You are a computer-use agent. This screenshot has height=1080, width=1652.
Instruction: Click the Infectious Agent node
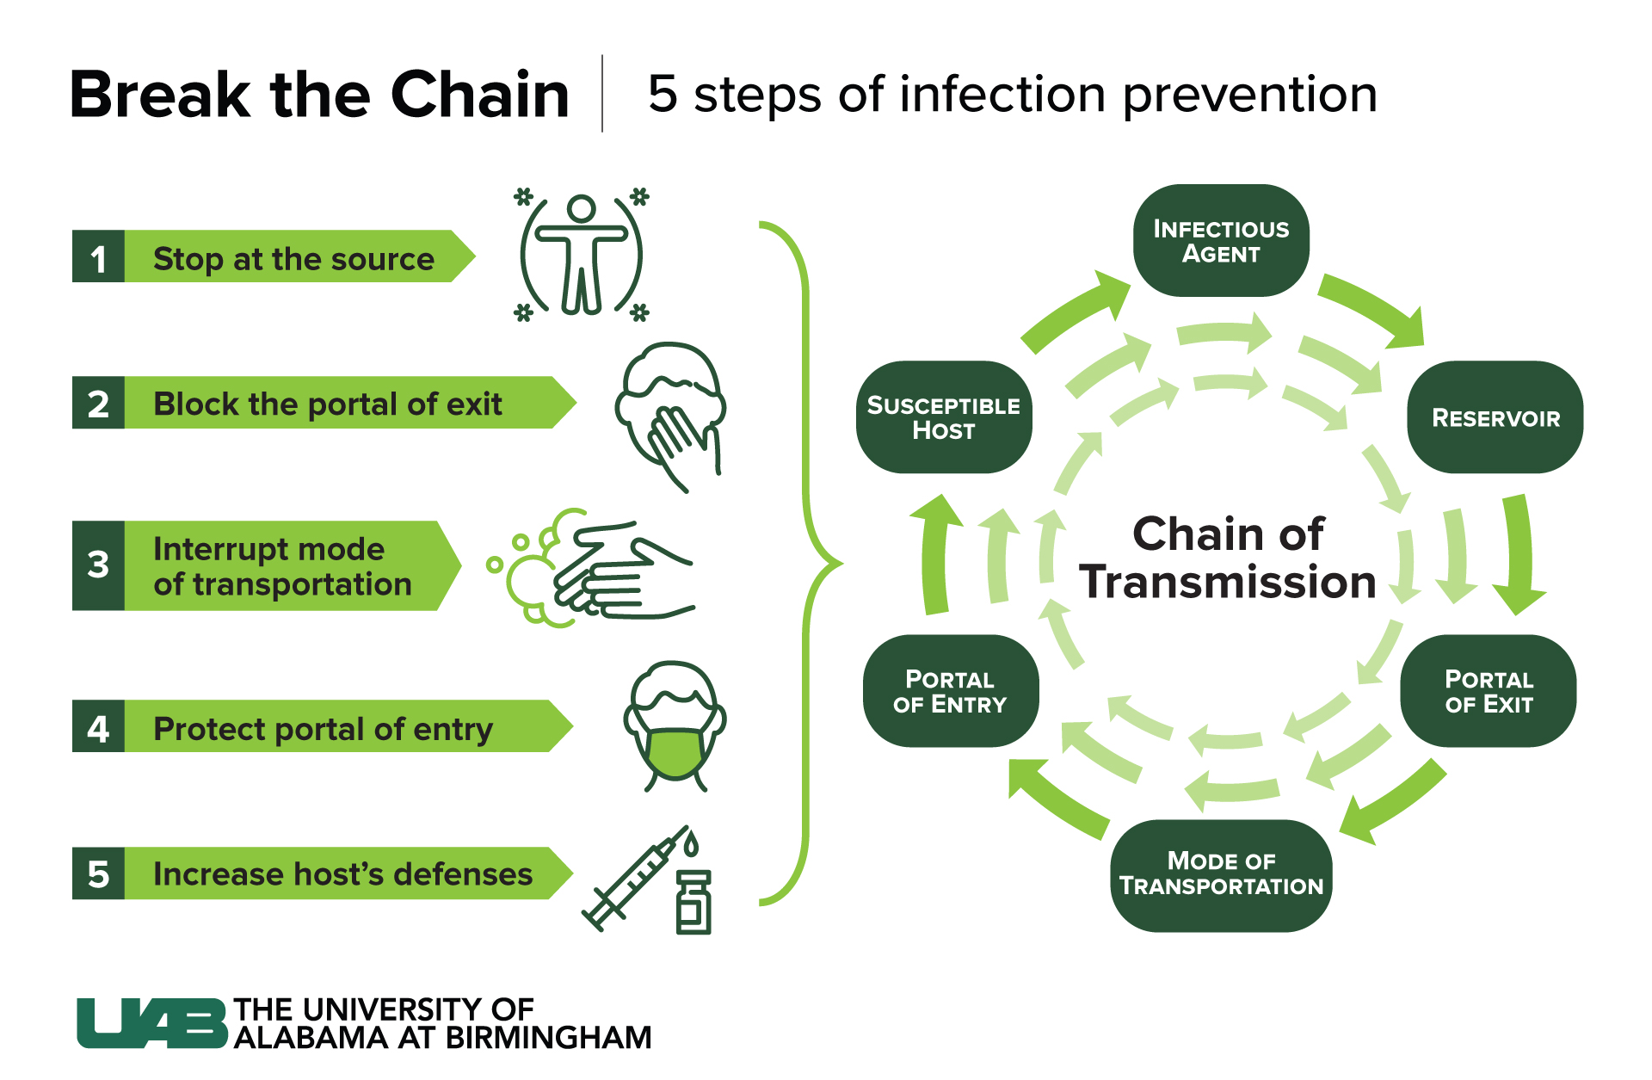pos(1220,241)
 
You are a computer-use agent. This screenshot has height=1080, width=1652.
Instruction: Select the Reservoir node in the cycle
pos(1495,417)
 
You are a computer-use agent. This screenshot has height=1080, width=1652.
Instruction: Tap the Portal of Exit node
pos(1488,691)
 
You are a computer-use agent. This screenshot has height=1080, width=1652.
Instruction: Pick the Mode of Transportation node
pos(1220,874)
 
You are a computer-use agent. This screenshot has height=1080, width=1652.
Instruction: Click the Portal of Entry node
pos(950,691)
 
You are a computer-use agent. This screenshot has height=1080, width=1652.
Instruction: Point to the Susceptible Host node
pos(943,417)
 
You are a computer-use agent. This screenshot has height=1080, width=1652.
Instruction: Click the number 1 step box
pos(98,256)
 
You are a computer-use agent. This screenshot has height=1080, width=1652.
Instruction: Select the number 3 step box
pos(98,565)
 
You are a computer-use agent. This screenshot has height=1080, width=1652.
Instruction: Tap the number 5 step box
pos(98,873)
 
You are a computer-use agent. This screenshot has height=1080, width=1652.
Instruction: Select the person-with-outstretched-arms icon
pos(582,255)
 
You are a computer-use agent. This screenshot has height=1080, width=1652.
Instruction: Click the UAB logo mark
pos(151,1023)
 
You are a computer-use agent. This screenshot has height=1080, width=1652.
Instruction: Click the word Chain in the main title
pos(479,94)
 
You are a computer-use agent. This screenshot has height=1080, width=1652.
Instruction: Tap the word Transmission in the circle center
pos(1228,583)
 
